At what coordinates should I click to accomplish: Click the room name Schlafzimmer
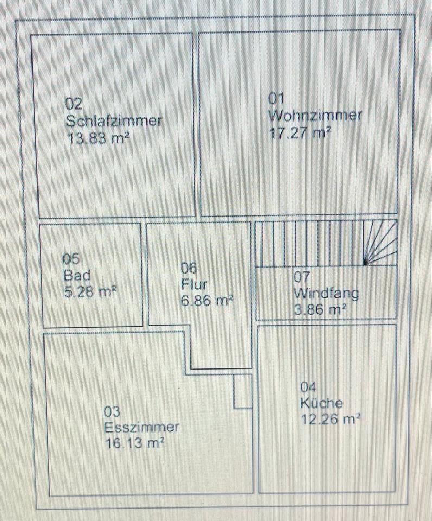coord(113,120)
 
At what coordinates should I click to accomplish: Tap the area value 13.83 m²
coord(98,138)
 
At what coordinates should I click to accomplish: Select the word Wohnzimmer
coord(315,116)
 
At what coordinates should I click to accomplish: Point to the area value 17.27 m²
coord(300,133)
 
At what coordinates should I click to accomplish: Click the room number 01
coord(277,98)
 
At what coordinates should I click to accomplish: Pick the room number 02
coord(74,103)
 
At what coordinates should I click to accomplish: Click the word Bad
coord(77,275)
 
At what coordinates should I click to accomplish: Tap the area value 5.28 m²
coord(90,291)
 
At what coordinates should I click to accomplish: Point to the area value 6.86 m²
coord(207,301)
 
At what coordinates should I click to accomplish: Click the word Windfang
coord(326,294)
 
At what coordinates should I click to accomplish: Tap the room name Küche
coord(321,404)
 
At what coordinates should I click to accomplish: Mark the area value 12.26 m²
coord(331,420)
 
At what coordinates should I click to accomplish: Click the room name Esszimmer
coord(141,427)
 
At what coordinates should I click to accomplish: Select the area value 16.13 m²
coord(134,444)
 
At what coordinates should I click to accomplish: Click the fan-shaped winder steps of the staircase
coord(382,243)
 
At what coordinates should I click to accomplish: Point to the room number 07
coord(302,277)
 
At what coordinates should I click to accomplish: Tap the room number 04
coord(308,387)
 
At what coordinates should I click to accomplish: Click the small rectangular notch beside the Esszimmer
coord(243,391)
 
